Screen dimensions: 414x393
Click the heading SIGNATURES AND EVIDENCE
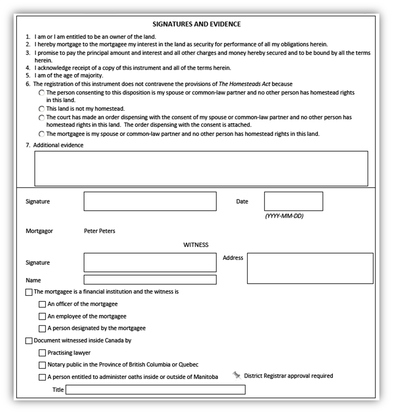[196, 24]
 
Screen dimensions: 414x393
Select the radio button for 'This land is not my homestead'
[41, 109]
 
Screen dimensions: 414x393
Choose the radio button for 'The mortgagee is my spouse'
[41, 134]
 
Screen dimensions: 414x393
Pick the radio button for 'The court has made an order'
[41, 117]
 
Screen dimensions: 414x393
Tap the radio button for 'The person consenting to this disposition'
[41, 93]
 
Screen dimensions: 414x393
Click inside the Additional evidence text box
[201, 168]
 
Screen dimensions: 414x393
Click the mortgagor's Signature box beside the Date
[150, 201]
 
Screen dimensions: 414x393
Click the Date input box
[293, 201]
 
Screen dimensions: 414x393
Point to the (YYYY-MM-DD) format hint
[284, 216]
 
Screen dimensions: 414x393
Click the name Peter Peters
[100, 231]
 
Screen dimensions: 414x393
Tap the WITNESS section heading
[196, 245]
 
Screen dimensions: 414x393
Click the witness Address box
[310, 268]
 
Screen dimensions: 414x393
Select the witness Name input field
[150, 280]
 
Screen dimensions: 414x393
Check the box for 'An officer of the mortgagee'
[42, 304]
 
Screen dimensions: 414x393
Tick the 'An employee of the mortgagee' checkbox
[42, 316]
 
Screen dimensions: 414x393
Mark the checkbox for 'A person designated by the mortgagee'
[42, 328]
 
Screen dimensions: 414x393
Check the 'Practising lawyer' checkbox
[42, 353]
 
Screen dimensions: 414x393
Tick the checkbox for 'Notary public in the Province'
[42, 365]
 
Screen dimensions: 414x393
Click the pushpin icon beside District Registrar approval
[237, 375]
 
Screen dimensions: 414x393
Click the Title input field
[155, 390]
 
